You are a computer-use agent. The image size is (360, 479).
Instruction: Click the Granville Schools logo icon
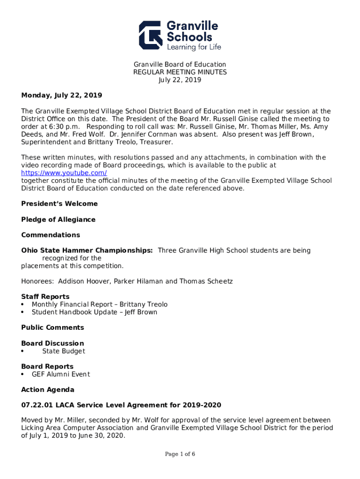pos(151,35)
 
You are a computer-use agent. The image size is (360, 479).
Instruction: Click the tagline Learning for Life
pos(194,47)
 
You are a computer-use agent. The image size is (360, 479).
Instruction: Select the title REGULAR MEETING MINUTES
pos(180,72)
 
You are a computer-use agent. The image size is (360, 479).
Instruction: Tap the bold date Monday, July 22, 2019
pos(61,95)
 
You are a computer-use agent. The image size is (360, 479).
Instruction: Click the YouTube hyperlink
pos(64,173)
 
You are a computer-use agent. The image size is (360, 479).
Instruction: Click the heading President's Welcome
pos(59,204)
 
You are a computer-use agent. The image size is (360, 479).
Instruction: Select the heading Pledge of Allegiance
pos(58,219)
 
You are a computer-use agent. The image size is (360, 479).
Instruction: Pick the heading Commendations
pos(50,235)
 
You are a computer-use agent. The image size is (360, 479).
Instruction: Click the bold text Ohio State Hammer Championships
pos(86,250)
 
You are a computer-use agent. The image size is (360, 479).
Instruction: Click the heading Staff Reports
pos(45,297)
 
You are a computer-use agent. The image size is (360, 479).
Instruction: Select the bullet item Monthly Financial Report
pos(99,305)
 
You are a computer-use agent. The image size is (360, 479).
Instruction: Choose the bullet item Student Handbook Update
pos(94,312)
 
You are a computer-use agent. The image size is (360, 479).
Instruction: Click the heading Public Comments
pos(52,327)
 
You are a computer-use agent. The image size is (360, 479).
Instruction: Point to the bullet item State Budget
pos(64,351)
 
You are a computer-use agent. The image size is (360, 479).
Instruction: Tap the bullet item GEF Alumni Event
pos(60,374)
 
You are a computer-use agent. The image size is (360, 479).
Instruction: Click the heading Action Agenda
pos(48,390)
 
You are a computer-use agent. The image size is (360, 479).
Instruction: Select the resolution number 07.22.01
pos(35,405)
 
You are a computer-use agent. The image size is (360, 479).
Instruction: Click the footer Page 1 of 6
pos(180,454)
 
